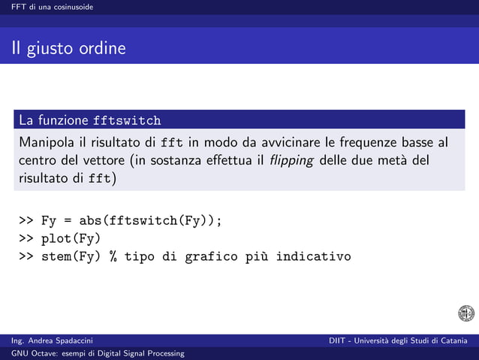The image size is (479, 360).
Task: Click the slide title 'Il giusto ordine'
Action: click(x=68, y=50)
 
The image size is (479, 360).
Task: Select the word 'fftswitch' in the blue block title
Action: click(x=126, y=120)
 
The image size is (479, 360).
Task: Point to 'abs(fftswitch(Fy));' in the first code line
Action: click(x=150, y=221)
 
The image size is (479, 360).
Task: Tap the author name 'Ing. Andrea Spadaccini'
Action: click(x=53, y=342)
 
